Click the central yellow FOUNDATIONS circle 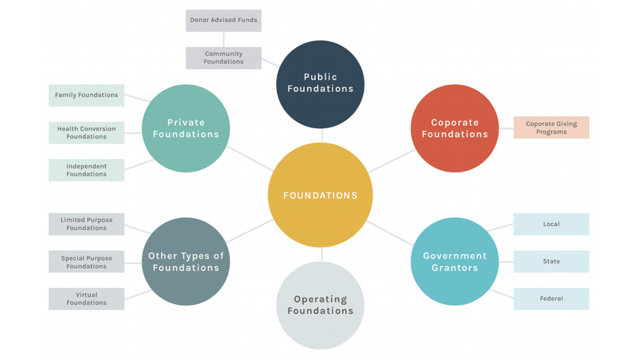(320, 195)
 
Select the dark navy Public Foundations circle (320, 84)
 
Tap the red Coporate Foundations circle (455, 128)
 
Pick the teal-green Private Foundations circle (186, 128)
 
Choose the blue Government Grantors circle (455, 262)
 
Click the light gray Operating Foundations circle (320, 305)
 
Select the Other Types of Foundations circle (186, 262)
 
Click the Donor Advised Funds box (224, 21)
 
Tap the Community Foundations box (224, 58)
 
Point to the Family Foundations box (87, 95)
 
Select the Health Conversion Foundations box (87, 133)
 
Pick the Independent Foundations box (87, 170)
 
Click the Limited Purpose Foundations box (87, 224)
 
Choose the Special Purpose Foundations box (87, 262)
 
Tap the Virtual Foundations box (87, 299)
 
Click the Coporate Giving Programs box (551, 128)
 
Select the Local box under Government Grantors (551, 224)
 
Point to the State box (551, 262)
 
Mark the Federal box (551, 299)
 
